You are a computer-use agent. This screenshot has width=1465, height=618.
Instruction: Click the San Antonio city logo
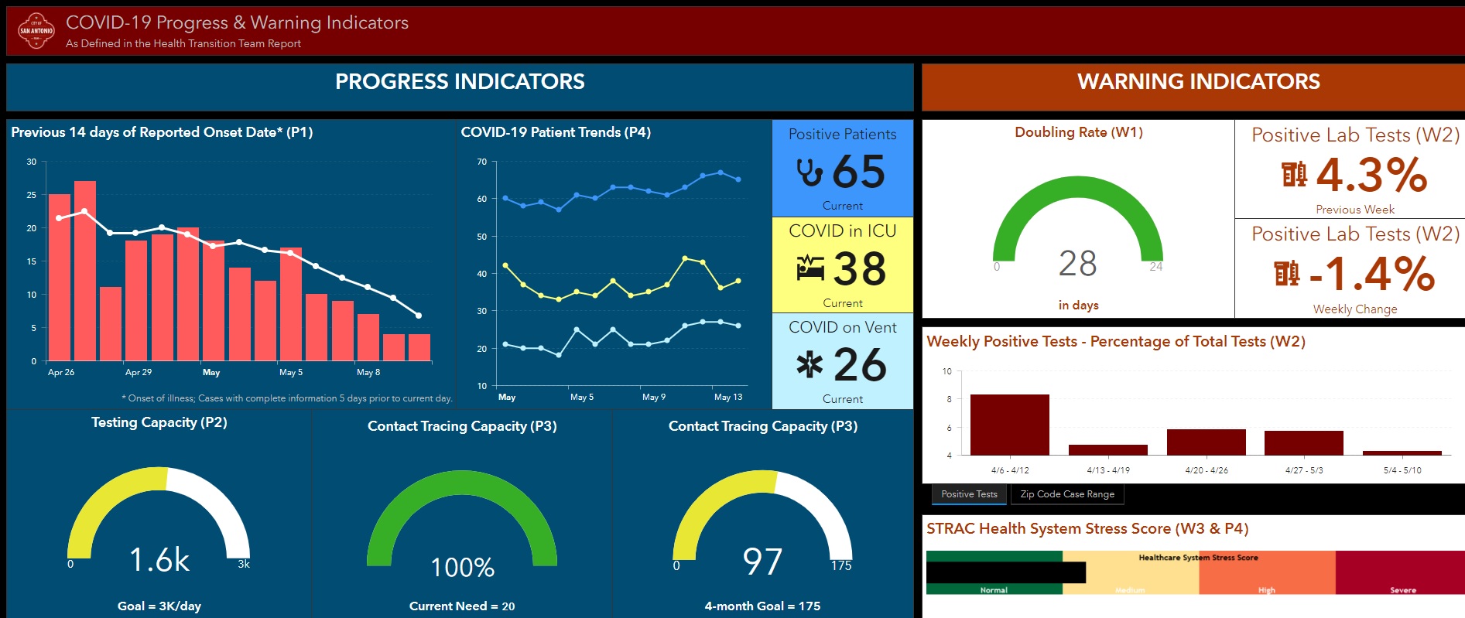(36, 31)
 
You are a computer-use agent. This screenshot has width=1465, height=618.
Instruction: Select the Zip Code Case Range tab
(1067, 494)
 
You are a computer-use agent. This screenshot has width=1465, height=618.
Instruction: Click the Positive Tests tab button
(969, 494)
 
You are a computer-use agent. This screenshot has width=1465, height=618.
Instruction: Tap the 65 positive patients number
(859, 172)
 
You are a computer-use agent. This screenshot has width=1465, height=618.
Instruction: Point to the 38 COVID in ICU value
(860, 269)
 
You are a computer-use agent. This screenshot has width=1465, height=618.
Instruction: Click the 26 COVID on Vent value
(860, 365)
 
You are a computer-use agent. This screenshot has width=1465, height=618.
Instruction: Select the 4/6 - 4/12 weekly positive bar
(1009, 425)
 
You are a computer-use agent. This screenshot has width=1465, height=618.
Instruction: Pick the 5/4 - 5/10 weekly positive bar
(1402, 452)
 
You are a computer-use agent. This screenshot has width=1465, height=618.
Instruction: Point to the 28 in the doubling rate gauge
(1077, 264)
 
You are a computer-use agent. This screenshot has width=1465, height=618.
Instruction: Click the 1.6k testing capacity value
(159, 560)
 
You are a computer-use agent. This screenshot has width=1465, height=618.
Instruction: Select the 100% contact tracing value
(462, 568)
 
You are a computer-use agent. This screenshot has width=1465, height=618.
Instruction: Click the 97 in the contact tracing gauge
(762, 562)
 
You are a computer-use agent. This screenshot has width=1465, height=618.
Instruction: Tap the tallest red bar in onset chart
(85, 271)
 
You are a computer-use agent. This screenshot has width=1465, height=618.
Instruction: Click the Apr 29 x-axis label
(139, 372)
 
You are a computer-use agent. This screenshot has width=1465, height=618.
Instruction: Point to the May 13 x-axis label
(727, 397)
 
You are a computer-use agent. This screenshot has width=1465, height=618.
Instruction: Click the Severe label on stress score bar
(1402, 590)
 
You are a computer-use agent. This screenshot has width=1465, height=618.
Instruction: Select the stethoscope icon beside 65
(810, 172)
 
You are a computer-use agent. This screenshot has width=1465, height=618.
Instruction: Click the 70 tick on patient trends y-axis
(482, 162)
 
